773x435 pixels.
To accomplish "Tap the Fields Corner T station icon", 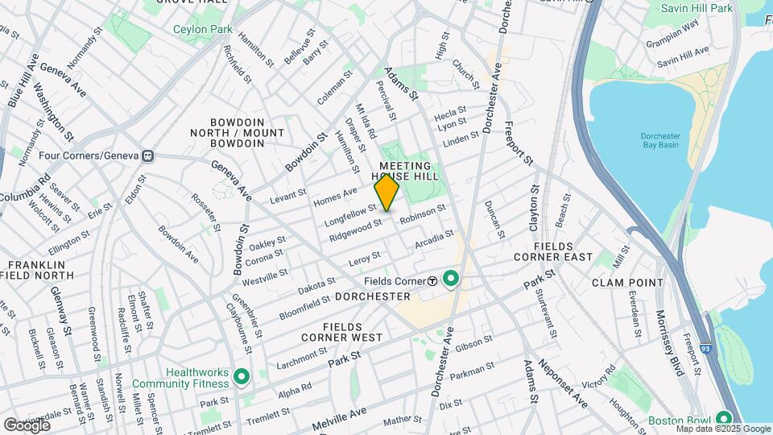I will tap(432, 280).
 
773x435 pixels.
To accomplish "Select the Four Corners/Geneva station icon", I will tap(147, 155).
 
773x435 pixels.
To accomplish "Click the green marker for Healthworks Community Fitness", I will tap(241, 376).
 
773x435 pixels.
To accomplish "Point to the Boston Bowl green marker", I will tap(723, 419).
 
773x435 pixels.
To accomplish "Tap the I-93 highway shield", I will tap(716, 319).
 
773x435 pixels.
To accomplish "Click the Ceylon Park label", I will tap(202, 30).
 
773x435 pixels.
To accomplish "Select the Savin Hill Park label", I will tap(697, 8).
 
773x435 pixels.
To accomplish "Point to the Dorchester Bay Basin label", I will tap(660, 140).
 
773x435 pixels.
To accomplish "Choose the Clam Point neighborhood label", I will tap(627, 283).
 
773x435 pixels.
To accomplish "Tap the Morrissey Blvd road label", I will tap(670, 343).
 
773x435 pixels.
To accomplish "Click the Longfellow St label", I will tap(350, 213).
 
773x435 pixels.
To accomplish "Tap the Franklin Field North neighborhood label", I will tap(40, 270).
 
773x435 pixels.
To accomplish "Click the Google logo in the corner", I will tap(27, 425).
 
